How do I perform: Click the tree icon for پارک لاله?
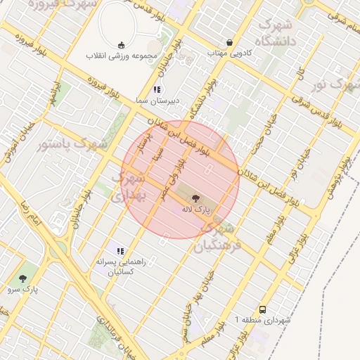coord(195,199)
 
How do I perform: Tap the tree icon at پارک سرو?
coord(25,278)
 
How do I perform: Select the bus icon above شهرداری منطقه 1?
coord(262,309)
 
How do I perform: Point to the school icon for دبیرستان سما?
coord(157,89)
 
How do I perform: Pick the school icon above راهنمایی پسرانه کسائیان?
coord(121,251)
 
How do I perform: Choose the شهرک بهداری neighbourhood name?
coord(127,188)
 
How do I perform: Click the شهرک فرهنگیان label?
coord(218,237)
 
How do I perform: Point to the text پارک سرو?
coord(24,288)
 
